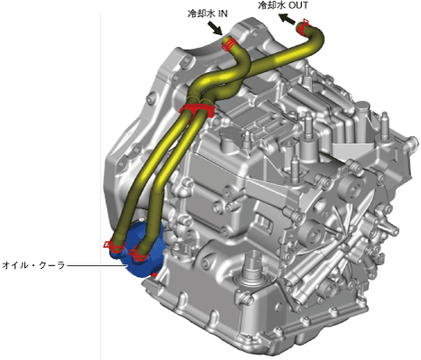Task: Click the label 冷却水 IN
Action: [x=207, y=14]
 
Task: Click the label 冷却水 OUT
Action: [x=283, y=5]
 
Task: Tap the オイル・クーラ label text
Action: [x=33, y=265]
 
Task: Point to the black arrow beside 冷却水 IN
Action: [x=215, y=28]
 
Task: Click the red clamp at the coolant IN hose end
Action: [x=228, y=44]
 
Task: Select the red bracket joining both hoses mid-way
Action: [x=197, y=110]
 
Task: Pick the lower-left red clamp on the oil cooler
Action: [x=113, y=246]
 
